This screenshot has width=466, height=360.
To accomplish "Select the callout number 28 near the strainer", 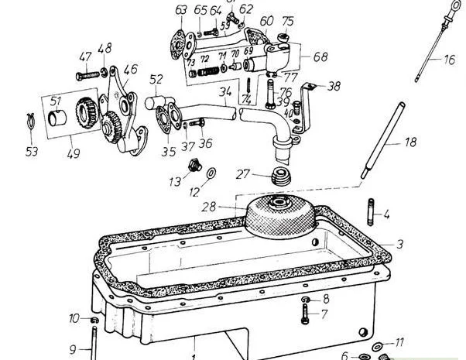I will (231, 207).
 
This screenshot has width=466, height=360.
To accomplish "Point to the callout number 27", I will (242, 176).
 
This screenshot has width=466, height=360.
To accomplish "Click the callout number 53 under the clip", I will (32, 152).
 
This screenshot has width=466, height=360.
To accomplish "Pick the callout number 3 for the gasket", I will (399, 245).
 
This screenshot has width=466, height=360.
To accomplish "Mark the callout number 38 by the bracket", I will (334, 87).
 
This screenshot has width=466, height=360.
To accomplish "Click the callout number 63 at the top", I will (181, 9).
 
